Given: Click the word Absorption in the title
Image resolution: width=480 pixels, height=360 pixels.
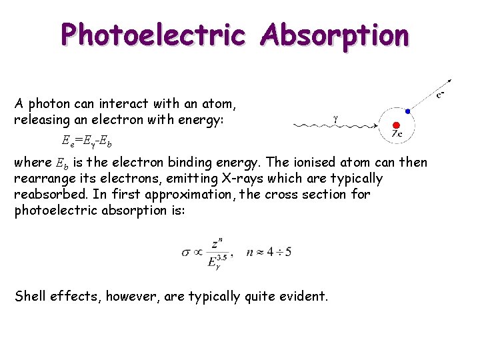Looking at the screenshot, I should tap(335, 35).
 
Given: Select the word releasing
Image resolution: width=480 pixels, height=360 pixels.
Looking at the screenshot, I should tap(41, 120).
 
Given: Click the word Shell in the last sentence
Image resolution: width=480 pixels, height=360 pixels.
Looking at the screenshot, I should tap(31, 297).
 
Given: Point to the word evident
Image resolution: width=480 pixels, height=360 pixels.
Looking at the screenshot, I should tap(303, 297).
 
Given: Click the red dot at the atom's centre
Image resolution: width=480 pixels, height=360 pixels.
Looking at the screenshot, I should tap(396, 125).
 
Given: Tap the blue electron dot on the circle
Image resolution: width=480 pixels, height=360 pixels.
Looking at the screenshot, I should tap(407, 111).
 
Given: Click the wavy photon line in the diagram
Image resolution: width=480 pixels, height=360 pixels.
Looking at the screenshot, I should tap(333, 125).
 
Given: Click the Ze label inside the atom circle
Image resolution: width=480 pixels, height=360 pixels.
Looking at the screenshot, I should tap(397, 134).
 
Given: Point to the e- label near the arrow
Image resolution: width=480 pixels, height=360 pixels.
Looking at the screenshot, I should tap(441, 95).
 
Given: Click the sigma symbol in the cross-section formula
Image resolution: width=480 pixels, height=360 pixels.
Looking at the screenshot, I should tap(186, 253).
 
